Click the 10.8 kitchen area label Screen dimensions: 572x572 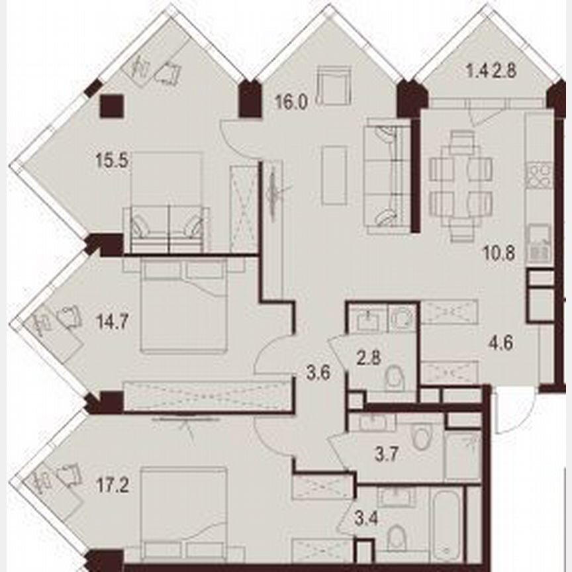pos(499,252)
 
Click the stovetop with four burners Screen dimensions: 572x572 pos(538,175)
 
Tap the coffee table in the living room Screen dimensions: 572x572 pos(334,175)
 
